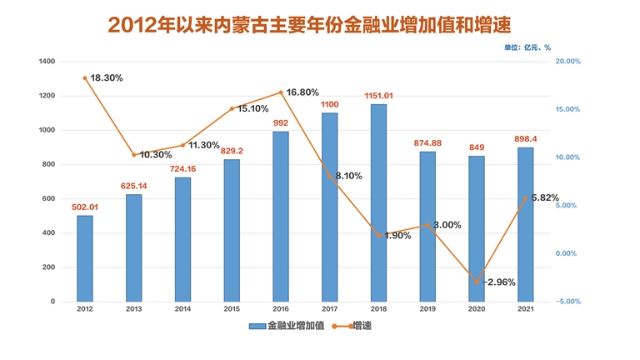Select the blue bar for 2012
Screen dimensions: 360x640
[x=85, y=258]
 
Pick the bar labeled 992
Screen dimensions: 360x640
[x=281, y=216]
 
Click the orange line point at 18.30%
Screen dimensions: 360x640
[x=85, y=78]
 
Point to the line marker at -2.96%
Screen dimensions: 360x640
[x=477, y=282]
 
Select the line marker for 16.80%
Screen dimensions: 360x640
[x=281, y=92]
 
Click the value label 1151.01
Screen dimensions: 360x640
[x=378, y=96]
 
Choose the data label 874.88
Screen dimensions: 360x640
[x=427, y=143]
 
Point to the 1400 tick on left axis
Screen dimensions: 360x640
[x=47, y=62]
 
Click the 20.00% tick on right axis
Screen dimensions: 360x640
[x=567, y=62]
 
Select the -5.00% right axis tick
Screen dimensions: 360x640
[x=567, y=302]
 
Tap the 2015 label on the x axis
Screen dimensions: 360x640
[x=232, y=309]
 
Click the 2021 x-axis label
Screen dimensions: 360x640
[x=526, y=309]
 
